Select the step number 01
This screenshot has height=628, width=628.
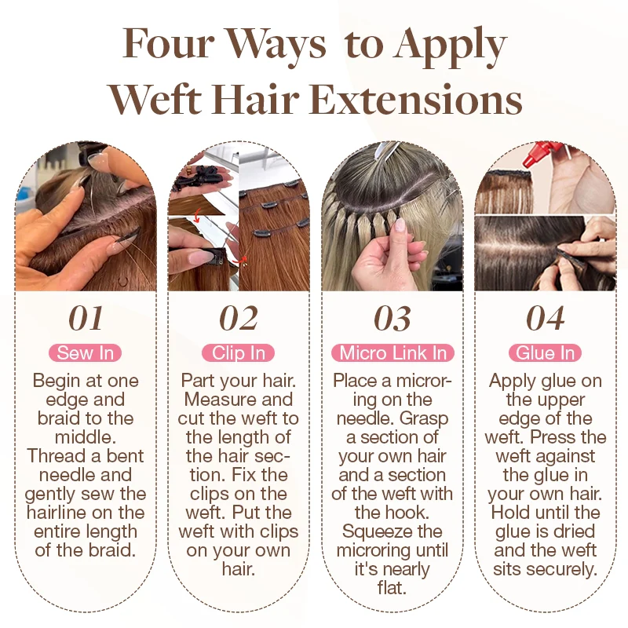click(86, 319)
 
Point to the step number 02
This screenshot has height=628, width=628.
click(239, 319)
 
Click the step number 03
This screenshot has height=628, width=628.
click(392, 319)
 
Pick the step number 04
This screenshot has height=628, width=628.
click(546, 319)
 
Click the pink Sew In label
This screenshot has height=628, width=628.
click(86, 353)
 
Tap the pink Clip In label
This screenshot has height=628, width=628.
click(239, 353)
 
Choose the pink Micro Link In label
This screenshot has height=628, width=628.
click(392, 353)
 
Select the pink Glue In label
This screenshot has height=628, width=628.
click(545, 353)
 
